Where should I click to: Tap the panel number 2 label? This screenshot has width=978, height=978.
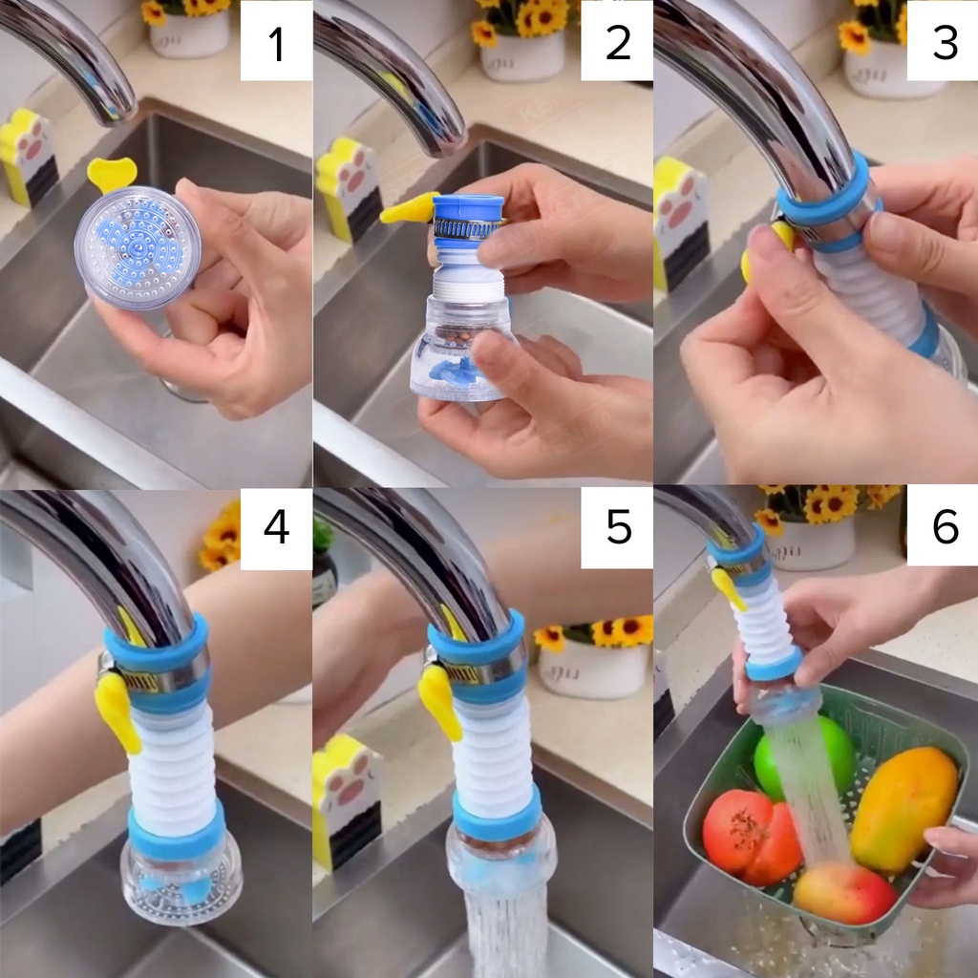[x=618, y=43]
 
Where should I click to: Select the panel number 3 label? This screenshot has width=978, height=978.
[x=945, y=43]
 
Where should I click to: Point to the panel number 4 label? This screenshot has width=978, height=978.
[x=276, y=527]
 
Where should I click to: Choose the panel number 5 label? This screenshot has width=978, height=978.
[x=618, y=527]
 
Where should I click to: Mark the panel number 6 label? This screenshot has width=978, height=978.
[x=945, y=526]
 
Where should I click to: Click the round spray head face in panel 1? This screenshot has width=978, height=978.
[x=138, y=247]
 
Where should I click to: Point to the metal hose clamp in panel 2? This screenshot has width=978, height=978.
[x=468, y=228]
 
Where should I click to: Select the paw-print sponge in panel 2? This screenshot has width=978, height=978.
[x=349, y=189]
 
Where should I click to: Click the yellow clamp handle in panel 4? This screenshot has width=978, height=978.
[x=117, y=711]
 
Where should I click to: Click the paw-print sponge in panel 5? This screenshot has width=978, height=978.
[x=347, y=800]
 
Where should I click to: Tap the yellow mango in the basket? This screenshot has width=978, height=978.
[x=904, y=809]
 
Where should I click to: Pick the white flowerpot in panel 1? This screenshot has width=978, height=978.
[x=190, y=33]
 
